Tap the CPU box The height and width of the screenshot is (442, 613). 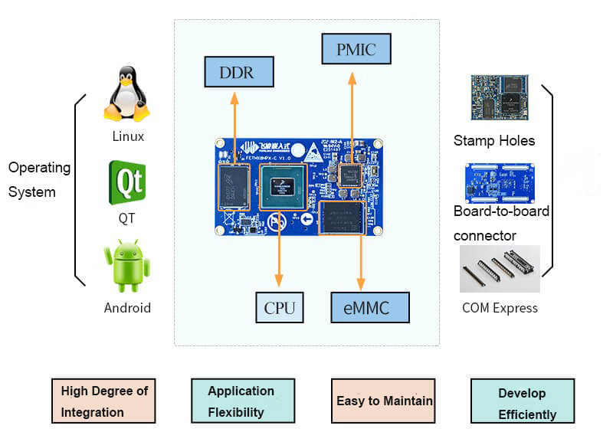(279, 308)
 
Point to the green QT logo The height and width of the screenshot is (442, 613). (126, 182)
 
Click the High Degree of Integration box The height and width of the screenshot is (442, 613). (103, 401)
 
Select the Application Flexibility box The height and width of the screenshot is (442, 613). (242, 401)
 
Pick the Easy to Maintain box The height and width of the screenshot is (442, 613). (383, 401)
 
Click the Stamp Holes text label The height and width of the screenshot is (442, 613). (494, 141)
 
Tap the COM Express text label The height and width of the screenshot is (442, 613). (500, 308)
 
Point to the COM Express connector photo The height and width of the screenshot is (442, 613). (500, 268)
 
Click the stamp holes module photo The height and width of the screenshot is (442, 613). (499, 98)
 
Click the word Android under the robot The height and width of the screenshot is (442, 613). (127, 308)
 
